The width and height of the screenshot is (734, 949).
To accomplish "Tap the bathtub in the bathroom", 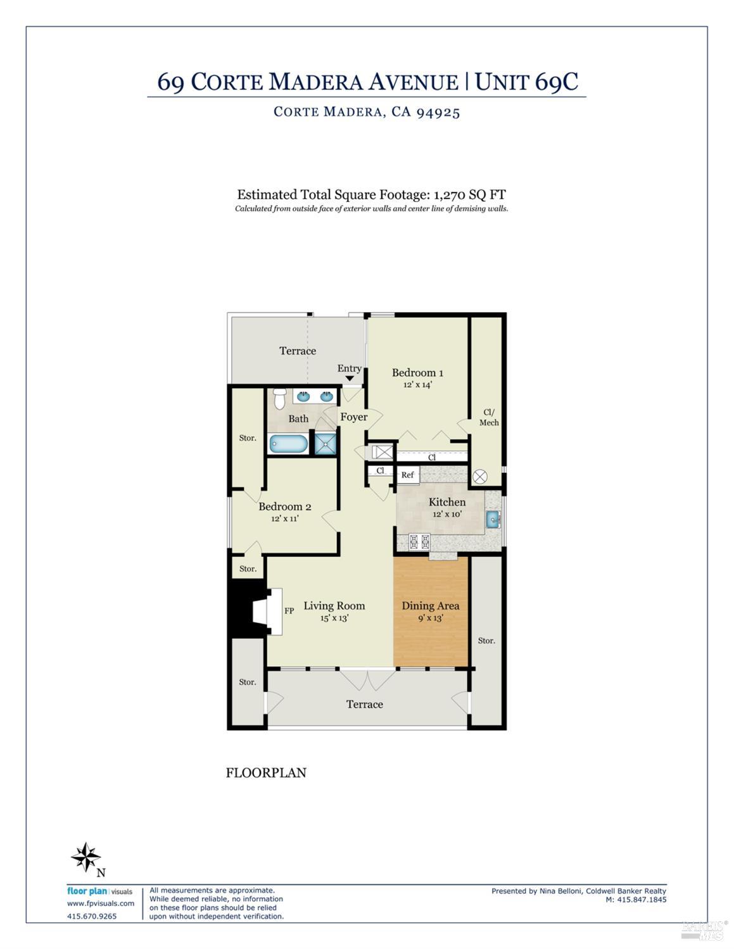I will click(289, 444).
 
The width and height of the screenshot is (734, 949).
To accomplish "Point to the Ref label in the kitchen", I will click(407, 475).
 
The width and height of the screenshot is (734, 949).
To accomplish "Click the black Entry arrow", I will click(350, 379).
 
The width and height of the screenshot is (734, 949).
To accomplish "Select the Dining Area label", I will click(431, 606).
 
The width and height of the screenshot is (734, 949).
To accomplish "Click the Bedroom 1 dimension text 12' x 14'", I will click(417, 384).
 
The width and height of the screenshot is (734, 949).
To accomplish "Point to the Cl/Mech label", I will click(488, 417).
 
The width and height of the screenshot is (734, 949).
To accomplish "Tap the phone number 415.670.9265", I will click(92, 916).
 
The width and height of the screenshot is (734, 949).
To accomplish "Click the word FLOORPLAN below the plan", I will click(266, 772).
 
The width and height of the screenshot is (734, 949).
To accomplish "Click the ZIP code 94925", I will click(438, 112).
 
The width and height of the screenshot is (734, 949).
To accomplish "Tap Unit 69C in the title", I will click(526, 82).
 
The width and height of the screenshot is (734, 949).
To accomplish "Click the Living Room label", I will click(334, 606).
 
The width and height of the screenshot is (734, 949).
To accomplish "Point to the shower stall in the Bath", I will click(326, 443).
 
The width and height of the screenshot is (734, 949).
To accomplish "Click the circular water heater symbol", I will click(479, 477).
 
